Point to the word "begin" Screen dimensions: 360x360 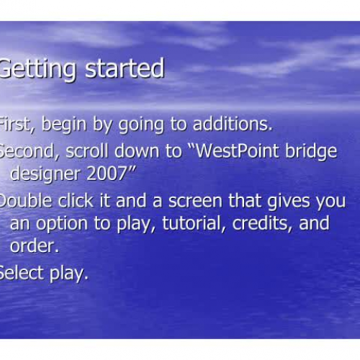pyautogui.click(x=65, y=124)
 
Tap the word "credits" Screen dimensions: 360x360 pyautogui.click(x=261, y=223)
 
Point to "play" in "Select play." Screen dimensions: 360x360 pyautogui.click(x=69, y=274)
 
